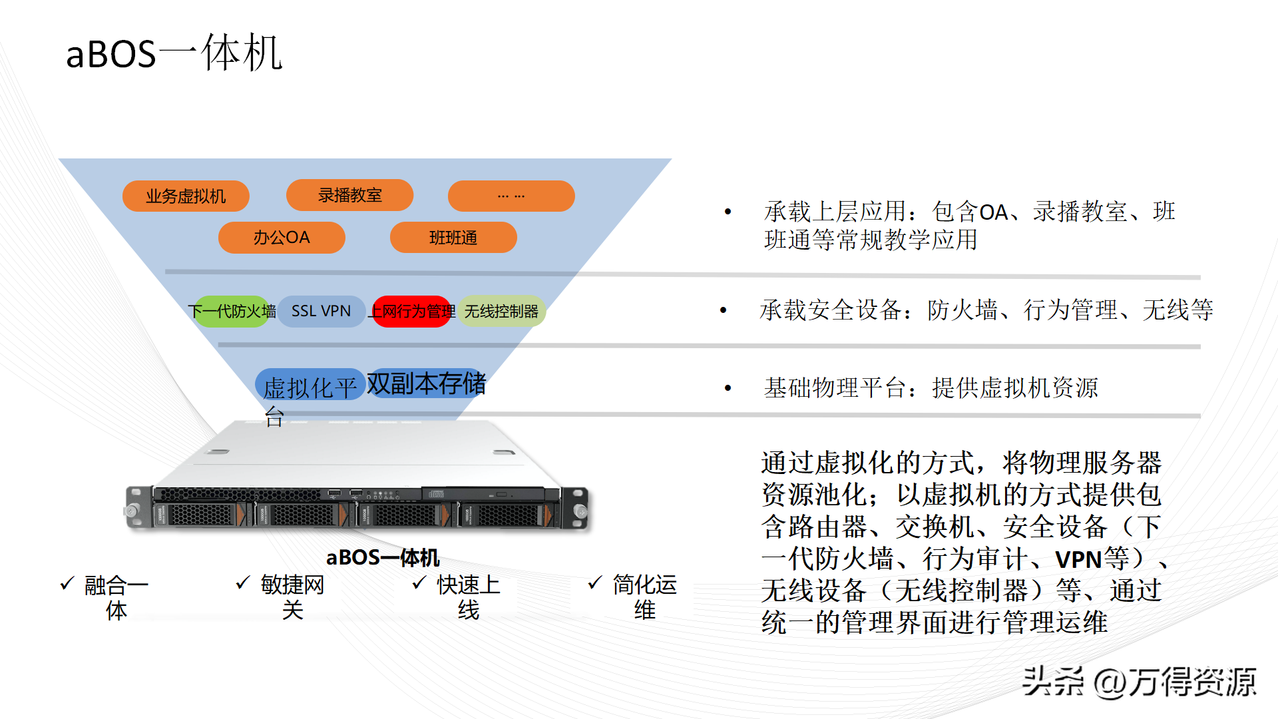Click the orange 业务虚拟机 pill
click(x=186, y=196)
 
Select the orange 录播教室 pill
click(x=349, y=195)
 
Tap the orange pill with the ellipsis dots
click(x=511, y=196)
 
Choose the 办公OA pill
click(x=281, y=238)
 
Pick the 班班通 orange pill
click(x=453, y=238)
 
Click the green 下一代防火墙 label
click(x=232, y=311)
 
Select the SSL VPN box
click(x=321, y=311)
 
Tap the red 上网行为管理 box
click(x=412, y=311)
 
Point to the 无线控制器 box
click(x=501, y=311)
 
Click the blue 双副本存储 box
click(x=426, y=383)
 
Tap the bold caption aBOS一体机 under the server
click(x=383, y=557)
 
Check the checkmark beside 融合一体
click(x=67, y=584)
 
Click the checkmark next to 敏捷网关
click(x=243, y=583)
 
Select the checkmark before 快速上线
click(x=419, y=583)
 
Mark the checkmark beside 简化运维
click(x=595, y=583)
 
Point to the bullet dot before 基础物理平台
click(x=728, y=388)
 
